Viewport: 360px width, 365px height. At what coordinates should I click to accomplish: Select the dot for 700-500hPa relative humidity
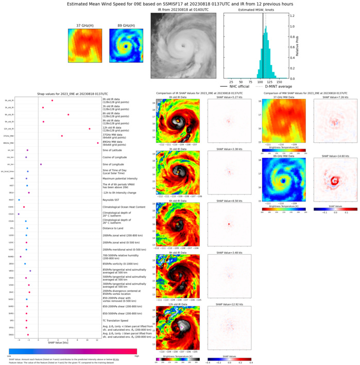click(21, 256)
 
